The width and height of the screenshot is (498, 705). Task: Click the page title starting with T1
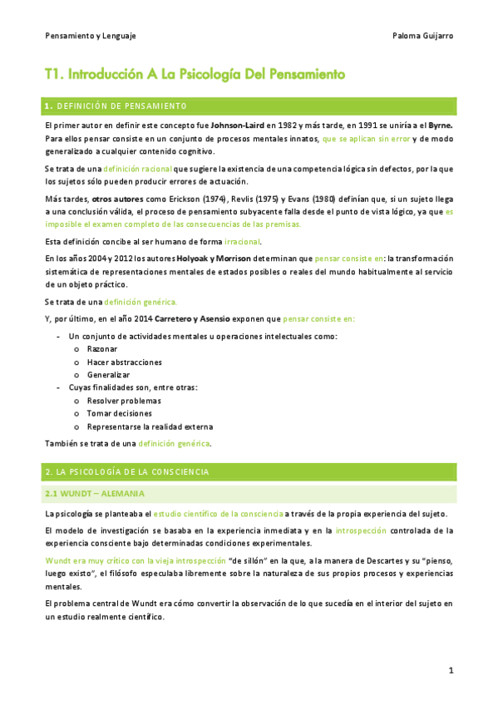pyautogui.click(x=195, y=74)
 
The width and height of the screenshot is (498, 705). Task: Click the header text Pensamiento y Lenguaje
pyautogui.click(x=90, y=36)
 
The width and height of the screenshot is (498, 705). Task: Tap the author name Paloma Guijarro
pyautogui.click(x=422, y=36)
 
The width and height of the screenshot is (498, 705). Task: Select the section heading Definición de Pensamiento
pyautogui.click(x=121, y=106)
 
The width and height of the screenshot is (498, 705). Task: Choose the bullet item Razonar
pyautogui.click(x=102, y=349)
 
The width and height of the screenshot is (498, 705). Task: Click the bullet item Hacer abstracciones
pyautogui.click(x=124, y=362)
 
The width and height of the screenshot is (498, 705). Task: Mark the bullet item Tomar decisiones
pyautogui.click(x=119, y=413)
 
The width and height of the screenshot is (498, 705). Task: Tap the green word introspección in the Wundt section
pyautogui.click(x=362, y=529)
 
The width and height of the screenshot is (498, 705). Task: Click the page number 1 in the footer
pyautogui.click(x=450, y=669)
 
